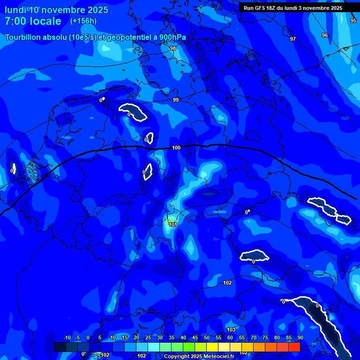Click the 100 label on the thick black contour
(x=176, y=148)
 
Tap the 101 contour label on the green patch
(x=173, y=225)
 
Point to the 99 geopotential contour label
(x=176, y=100)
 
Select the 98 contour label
(x=173, y=48)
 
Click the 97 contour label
(x=293, y=39)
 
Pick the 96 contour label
(x=325, y=35)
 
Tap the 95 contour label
(x=353, y=21)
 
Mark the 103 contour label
(x=231, y=330)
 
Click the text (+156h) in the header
(x=83, y=21)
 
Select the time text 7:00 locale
(x=33, y=21)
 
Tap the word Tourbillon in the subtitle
(x=26, y=37)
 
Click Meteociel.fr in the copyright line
(x=218, y=357)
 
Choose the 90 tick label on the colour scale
(x=300, y=338)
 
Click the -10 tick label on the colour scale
(x=67, y=338)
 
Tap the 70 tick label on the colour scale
(x=254, y=338)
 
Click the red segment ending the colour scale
(x=294, y=347)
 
